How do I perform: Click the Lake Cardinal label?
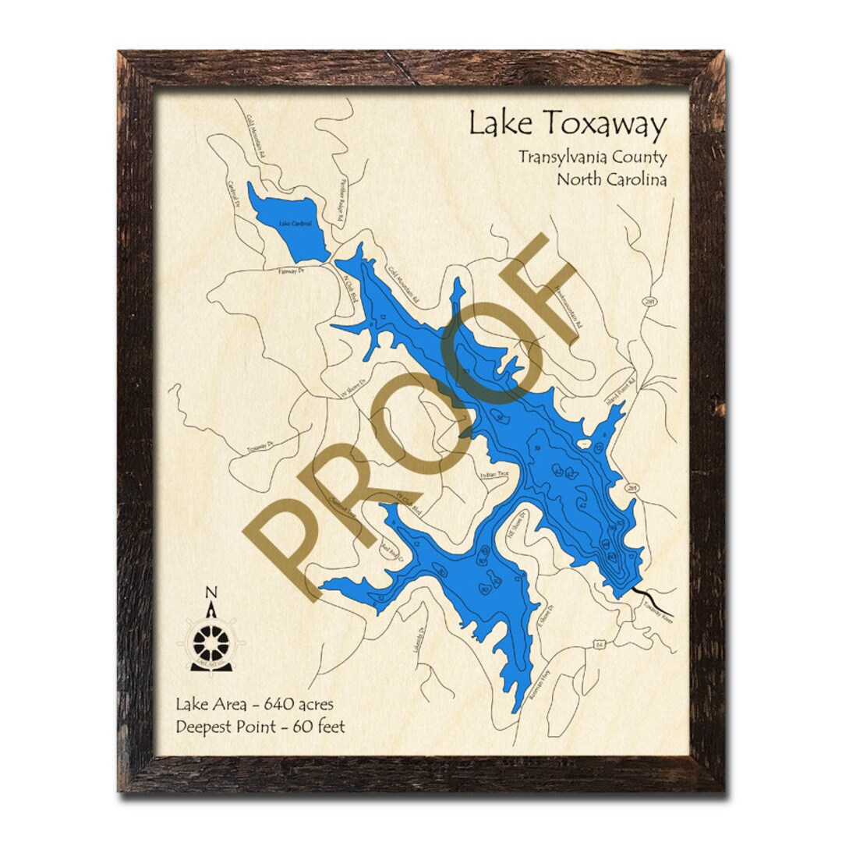tap(295, 224)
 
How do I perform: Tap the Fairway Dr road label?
tap(290, 271)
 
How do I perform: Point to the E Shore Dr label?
tap(550, 618)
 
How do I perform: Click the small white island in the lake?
tap(583, 444)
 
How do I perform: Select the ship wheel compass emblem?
tap(210, 642)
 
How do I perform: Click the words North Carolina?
tap(611, 179)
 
